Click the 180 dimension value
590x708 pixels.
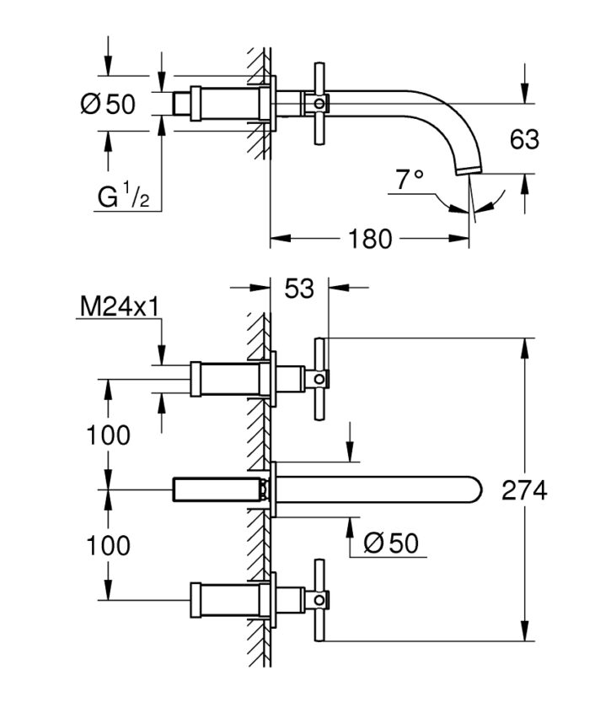coord(370,239)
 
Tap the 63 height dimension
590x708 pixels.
coord(524,138)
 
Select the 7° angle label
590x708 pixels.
coord(409,179)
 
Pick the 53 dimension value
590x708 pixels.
coord(298,289)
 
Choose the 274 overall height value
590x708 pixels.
coord(524,490)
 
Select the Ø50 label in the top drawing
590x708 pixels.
coord(107,105)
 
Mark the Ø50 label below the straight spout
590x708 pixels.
coord(390,543)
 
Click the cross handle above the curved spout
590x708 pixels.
coord(319,104)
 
